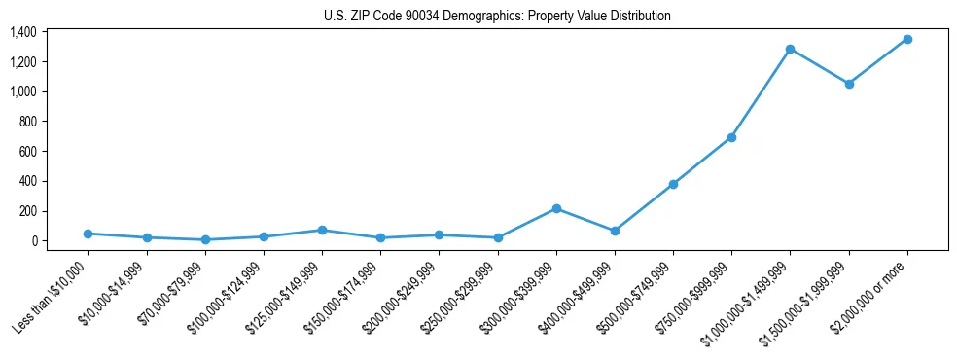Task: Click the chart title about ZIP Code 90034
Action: [497, 17]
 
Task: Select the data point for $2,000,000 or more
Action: [907, 39]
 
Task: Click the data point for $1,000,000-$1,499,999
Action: [790, 49]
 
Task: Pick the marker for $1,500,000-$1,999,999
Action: [849, 84]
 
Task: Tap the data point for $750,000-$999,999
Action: [731, 137]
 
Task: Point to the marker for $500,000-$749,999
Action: [673, 184]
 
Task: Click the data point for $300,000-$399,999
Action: [556, 208]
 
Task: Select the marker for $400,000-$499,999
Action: [615, 231]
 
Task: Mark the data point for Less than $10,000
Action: [88, 234]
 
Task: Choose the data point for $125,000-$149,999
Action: [322, 230]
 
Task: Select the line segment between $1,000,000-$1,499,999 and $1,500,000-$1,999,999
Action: [820, 66]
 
